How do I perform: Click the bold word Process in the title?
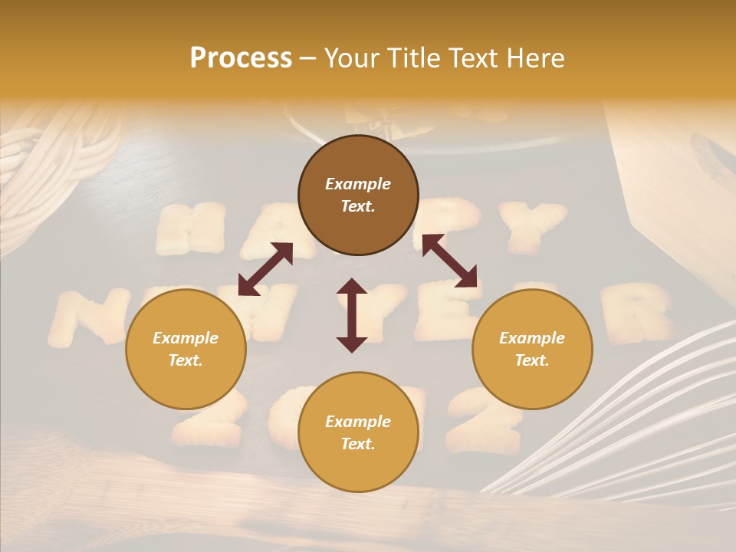[241, 58]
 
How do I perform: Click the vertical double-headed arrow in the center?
[352, 315]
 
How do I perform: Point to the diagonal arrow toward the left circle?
[265, 269]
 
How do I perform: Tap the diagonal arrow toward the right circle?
[449, 261]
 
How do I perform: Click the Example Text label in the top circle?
[358, 195]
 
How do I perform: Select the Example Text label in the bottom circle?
[358, 432]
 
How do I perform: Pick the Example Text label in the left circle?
[186, 349]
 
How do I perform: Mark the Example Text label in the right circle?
[532, 349]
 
